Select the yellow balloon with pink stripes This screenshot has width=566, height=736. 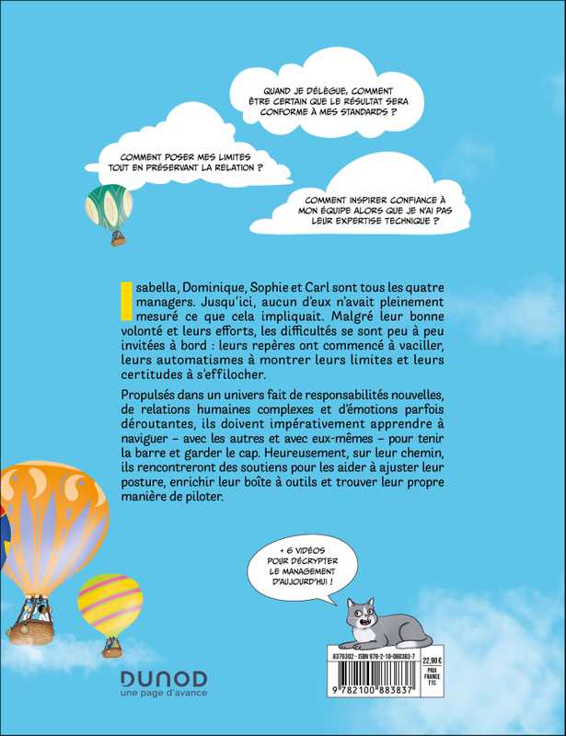[110, 604]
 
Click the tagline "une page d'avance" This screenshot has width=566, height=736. [164, 693]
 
